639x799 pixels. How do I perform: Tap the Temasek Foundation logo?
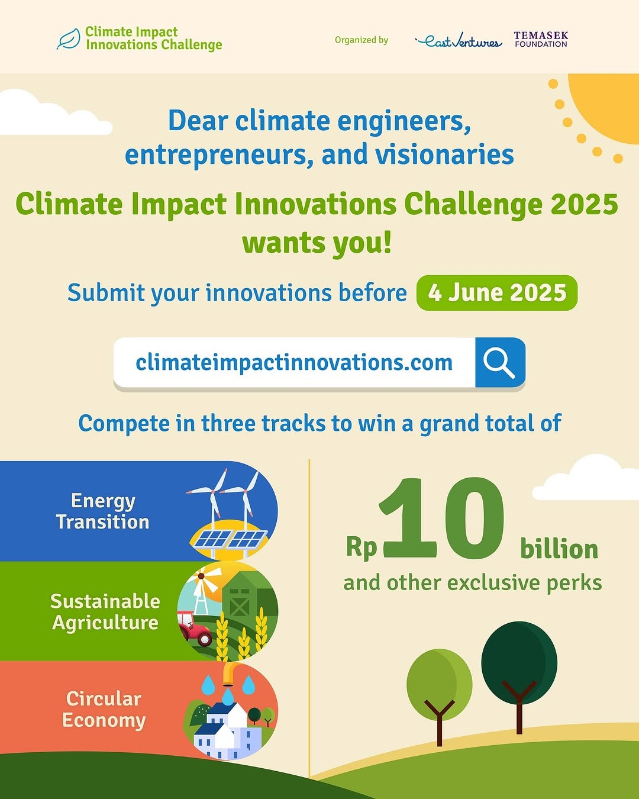541,40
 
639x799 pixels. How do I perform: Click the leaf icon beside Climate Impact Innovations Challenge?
69,38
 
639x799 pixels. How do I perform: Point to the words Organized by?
362,40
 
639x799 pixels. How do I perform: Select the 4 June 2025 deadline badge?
497,293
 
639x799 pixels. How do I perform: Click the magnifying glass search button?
500,362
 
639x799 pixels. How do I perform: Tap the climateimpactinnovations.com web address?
294,362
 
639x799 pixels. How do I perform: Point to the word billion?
559,549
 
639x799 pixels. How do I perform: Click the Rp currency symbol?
362,548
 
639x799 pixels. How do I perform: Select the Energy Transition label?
103,511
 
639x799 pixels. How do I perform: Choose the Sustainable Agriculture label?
105,612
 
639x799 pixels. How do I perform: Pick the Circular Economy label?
104,710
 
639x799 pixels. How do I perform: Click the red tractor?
195,628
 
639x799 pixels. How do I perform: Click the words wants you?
317,243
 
